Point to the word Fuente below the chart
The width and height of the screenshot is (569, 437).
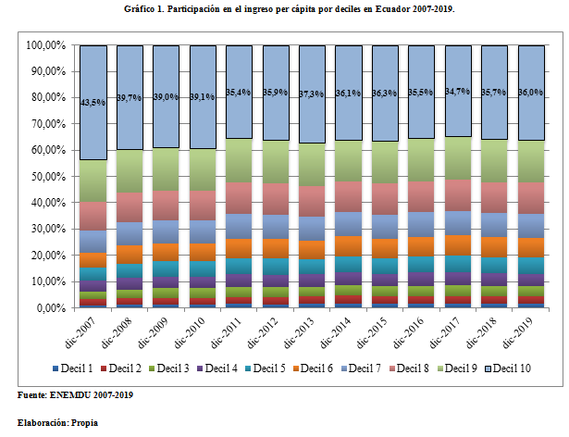[34, 395]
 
